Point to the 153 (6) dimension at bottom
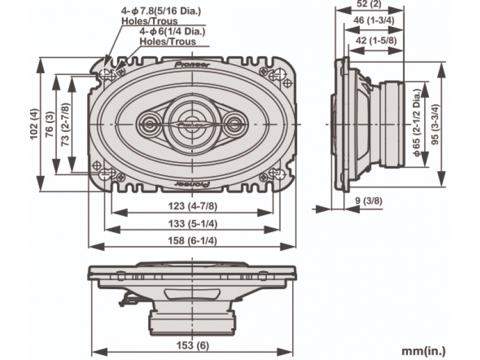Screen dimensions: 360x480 192,345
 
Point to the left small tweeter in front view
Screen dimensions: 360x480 148,124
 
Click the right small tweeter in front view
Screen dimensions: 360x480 235,124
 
